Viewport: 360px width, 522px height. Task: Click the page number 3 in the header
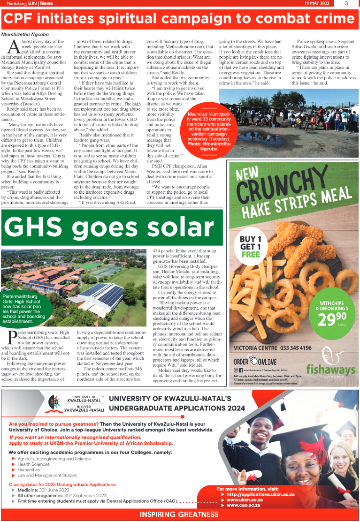pyautogui.click(x=346, y=3)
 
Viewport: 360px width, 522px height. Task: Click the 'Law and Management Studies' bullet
pyautogui.click(x=47, y=475)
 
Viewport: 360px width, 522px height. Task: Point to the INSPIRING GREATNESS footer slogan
pyautogui.click(x=180, y=514)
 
